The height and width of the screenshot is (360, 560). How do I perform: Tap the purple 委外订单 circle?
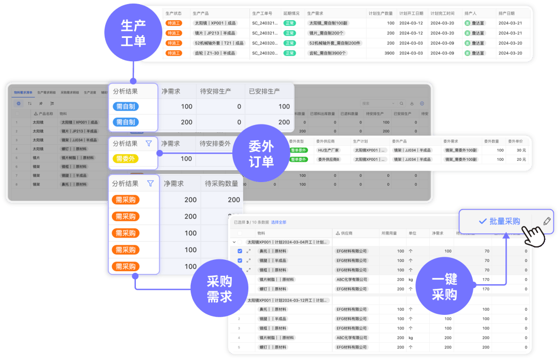point(261,154)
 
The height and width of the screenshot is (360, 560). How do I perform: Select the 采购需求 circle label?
point(219,289)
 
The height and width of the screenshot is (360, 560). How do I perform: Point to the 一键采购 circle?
point(444,287)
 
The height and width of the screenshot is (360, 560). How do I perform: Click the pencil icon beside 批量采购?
point(547,221)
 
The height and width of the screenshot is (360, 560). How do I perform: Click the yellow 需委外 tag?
point(125,159)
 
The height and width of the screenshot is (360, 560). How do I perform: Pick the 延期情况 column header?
point(292,13)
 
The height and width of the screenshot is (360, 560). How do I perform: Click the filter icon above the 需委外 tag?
point(149,143)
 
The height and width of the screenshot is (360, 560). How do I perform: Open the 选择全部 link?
point(278,222)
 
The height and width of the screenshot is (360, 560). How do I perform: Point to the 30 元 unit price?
point(521,150)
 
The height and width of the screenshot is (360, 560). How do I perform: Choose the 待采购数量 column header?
point(221,183)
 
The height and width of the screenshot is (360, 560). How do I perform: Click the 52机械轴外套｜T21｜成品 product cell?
point(219,43)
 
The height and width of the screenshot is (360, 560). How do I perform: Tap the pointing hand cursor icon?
point(533,236)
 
